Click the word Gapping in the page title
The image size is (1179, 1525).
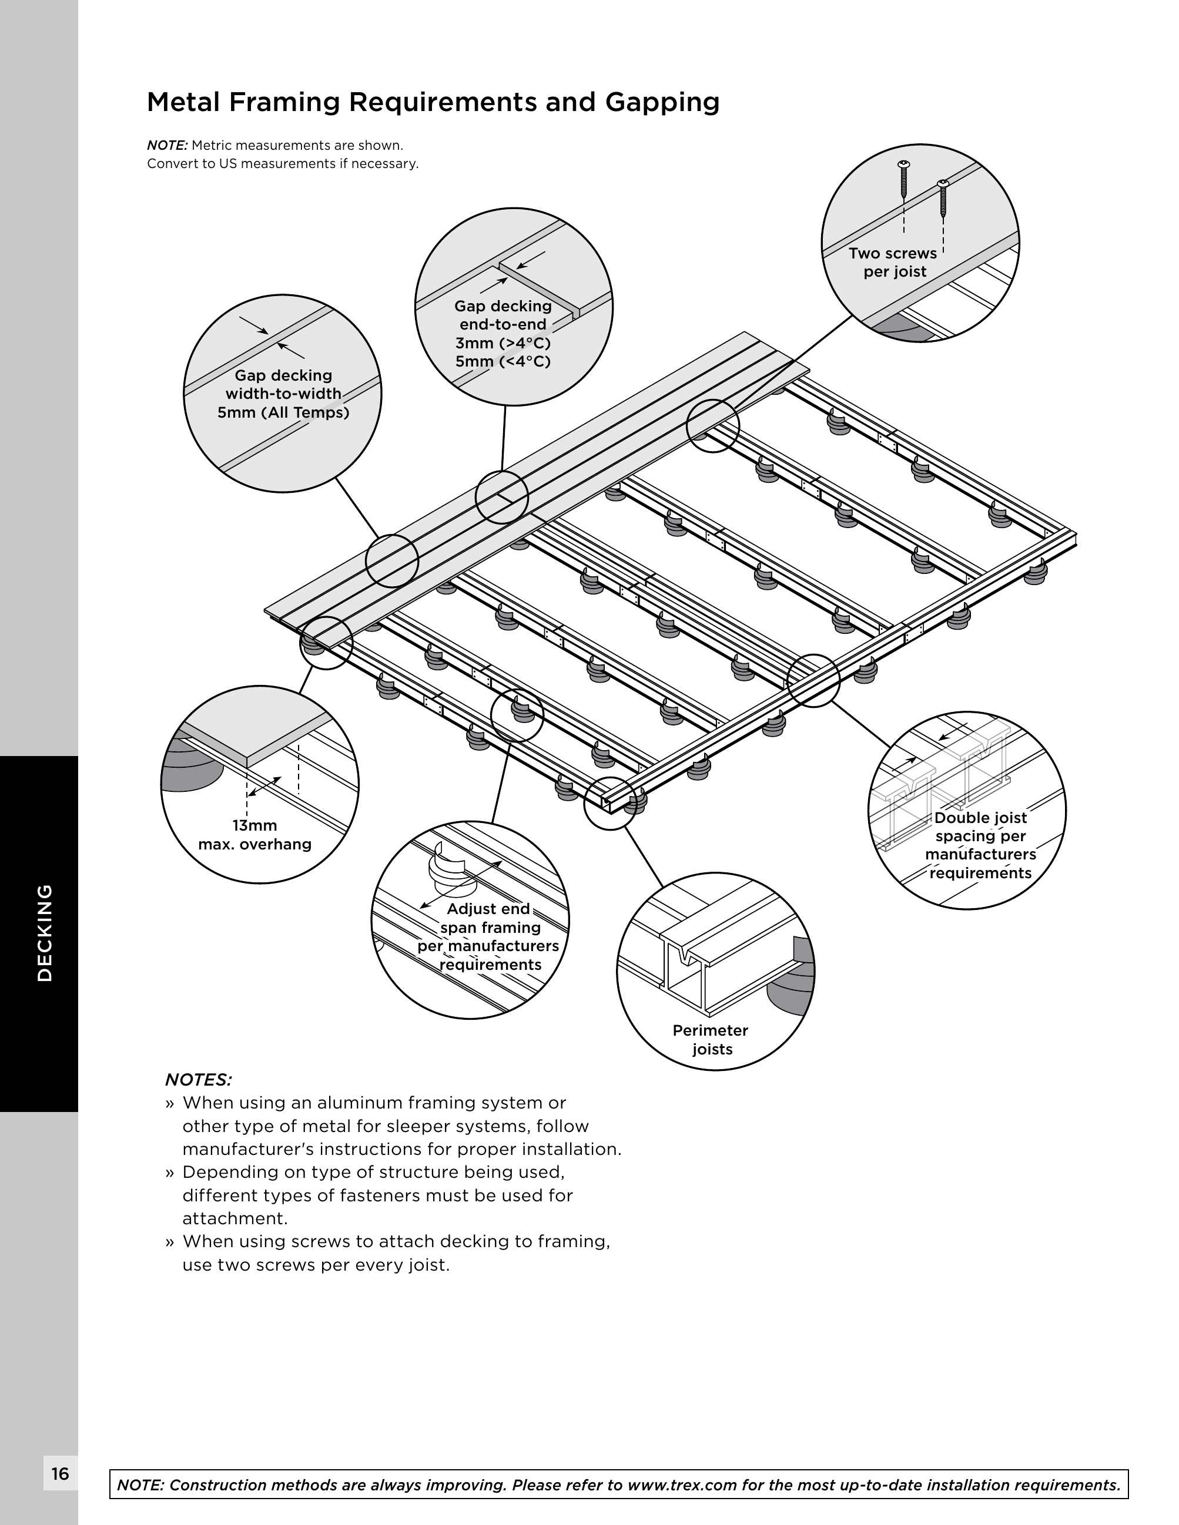662,103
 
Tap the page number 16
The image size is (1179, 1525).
60,1473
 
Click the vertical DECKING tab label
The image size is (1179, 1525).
45,933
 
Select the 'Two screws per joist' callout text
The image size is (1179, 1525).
893,263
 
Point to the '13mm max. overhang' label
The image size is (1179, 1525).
254,835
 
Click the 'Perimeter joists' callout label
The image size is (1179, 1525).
711,1040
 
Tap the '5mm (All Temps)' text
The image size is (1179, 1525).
283,412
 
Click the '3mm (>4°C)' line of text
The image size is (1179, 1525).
503,343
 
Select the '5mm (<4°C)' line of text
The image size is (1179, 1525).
503,362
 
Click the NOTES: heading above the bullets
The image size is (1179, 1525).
199,1080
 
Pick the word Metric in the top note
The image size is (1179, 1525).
214,145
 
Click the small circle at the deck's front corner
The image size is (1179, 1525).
609,803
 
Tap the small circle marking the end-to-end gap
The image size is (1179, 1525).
501,497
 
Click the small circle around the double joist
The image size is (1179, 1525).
813,680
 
